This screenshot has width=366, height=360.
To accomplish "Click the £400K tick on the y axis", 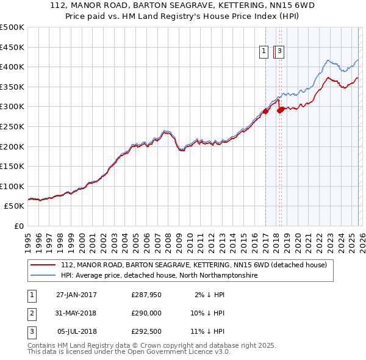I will (x=12, y=67).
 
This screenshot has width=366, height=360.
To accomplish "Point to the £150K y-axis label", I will (x=12, y=166).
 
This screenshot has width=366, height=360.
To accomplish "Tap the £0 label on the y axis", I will (x=18, y=226).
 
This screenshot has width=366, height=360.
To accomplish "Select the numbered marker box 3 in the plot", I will (x=280, y=52).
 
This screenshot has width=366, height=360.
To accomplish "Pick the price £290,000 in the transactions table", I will (x=146, y=313).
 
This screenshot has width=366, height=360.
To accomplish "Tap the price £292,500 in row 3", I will (x=146, y=331).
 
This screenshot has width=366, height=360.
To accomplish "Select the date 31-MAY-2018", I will (x=76, y=313).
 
